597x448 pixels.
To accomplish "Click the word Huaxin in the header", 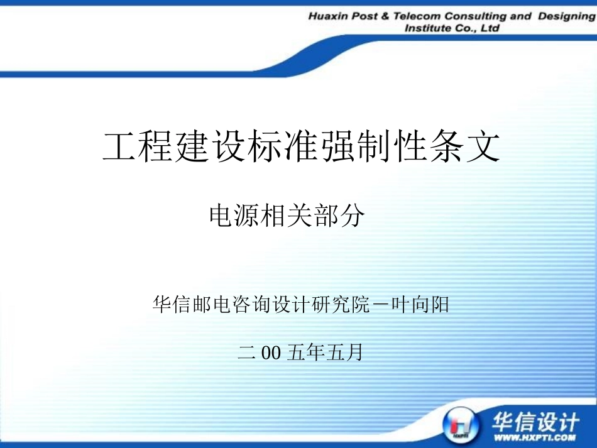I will pyautogui.click(x=329, y=16).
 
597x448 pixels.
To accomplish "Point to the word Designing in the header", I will pyautogui.click(x=566, y=16).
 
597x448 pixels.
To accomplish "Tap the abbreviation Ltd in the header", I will pyautogui.click(x=489, y=29).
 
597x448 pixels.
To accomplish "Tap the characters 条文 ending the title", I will pyautogui.click(x=466, y=147).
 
